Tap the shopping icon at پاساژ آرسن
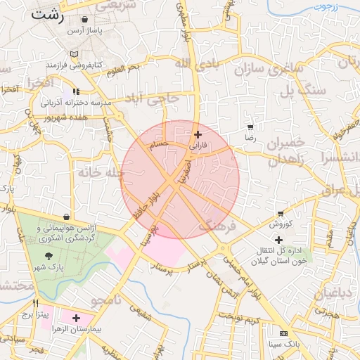click(85, 20)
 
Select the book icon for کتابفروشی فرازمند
click(75, 54)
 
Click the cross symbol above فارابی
click(198, 134)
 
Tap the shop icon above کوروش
click(281, 213)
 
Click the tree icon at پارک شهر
click(49, 256)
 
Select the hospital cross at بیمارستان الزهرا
click(76, 318)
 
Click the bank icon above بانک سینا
click(283, 333)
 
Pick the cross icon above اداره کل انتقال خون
click(278, 240)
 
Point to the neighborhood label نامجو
click(106, 301)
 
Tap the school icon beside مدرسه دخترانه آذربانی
click(75, 91)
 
